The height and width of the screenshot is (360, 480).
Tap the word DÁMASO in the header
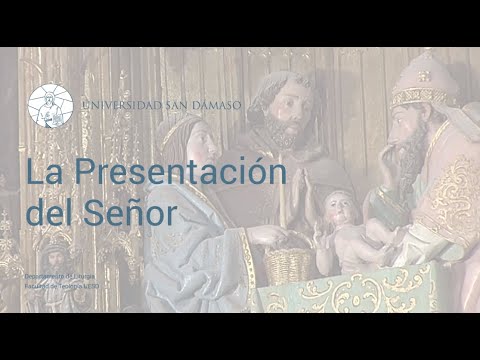pyautogui.click(x=215, y=105)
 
